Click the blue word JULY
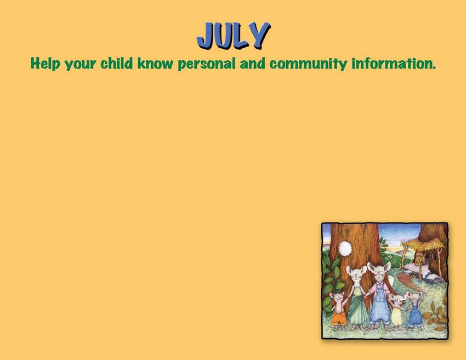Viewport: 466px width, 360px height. click(234, 36)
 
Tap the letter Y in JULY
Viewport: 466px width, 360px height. click(259, 35)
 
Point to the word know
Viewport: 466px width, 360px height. click(155, 64)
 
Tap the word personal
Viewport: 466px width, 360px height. click(207, 64)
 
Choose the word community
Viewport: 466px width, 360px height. click(308, 64)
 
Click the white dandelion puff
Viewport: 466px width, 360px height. click(345, 248)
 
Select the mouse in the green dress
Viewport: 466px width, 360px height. click(357, 297)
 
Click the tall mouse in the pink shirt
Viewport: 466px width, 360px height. click(379, 296)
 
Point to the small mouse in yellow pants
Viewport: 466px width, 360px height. click(397, 312)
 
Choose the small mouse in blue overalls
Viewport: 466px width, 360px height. click(415, 310)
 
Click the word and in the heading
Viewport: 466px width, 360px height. click(252, 64)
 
